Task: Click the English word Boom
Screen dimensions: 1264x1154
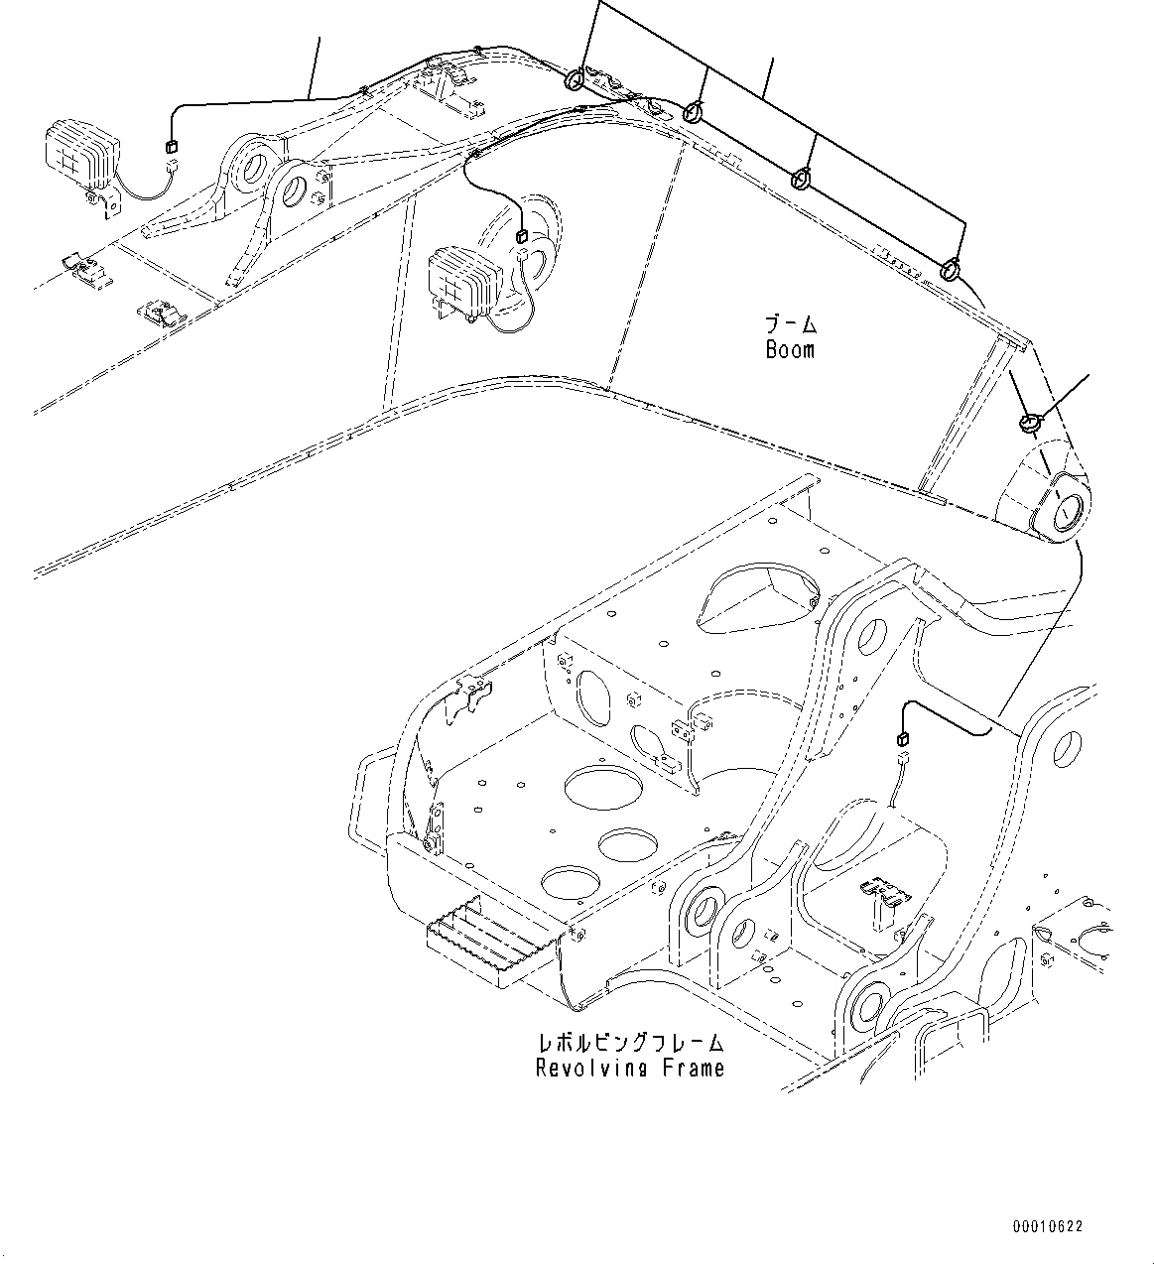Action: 790,349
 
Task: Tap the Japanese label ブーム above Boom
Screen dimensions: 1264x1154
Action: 790,323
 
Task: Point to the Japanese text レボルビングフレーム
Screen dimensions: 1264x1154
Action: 630,1043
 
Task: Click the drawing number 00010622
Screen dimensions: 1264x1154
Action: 1048,1227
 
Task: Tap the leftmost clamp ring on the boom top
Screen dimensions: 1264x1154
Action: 575,79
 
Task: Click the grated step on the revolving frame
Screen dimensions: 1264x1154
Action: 486,946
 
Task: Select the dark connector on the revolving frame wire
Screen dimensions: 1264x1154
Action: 903,738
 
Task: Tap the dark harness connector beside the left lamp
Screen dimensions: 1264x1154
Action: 170,148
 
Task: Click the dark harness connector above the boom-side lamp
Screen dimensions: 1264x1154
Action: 520,235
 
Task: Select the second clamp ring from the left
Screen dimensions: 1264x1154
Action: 694,112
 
